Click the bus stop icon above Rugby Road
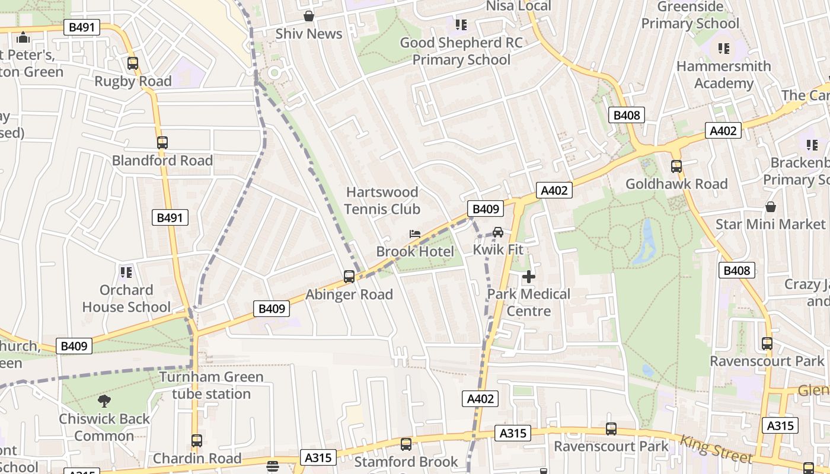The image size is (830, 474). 133,63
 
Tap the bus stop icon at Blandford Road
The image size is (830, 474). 162,143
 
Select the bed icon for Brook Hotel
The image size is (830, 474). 415,234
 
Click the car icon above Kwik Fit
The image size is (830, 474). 498,232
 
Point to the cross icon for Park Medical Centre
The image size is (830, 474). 528,277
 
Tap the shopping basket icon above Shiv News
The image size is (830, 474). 308,16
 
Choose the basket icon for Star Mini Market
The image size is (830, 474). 770,207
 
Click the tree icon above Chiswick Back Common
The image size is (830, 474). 104,401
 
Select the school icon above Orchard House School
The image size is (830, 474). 126,273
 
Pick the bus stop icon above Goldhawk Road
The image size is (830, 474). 676,166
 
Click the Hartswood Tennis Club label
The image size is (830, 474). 382,201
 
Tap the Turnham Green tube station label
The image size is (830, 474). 211,385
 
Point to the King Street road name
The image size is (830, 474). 716,450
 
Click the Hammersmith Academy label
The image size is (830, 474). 723,75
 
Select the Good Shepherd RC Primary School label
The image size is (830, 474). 461,51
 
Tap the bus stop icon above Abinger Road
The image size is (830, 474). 349,277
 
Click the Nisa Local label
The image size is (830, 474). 518,6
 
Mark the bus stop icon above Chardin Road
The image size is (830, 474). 197,441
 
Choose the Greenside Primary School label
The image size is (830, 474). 690,15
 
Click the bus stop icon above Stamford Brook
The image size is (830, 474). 406,444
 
